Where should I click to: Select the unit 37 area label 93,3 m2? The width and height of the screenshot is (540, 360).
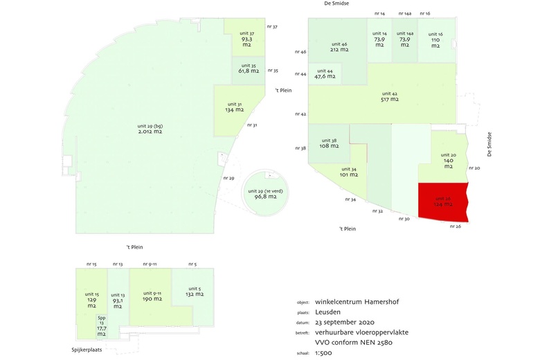(247, 40)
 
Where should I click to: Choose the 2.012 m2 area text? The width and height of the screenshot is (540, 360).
(150, 131)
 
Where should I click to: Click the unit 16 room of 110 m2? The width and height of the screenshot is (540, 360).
(435, 40)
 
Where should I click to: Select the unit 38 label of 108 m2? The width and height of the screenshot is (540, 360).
(329, 146)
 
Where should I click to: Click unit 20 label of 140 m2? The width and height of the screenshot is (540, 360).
(448, 163)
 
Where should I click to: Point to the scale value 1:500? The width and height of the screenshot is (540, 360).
(324, 352)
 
